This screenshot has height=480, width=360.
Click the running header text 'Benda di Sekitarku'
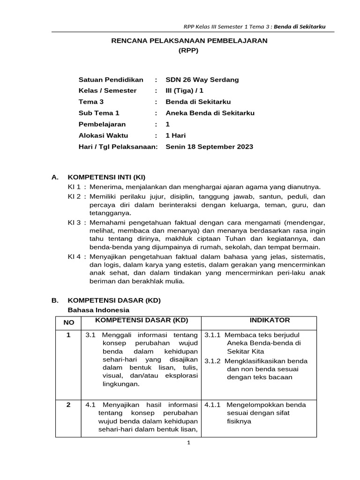[x=300, y=26]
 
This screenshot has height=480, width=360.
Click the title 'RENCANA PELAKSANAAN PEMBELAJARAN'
[x=189, y=41]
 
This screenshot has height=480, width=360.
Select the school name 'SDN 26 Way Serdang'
[x=202, y=80]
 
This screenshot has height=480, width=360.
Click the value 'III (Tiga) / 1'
[x=186, y=90]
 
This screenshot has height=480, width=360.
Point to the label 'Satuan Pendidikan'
[x=111, y=80]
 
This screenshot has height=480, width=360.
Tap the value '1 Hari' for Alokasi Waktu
[x=176, y=135]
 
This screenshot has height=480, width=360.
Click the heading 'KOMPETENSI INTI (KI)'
[x=107, y=177]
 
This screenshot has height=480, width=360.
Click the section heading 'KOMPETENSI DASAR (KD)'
[x=114, y=300]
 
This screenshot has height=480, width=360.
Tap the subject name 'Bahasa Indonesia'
[x=98, y=310]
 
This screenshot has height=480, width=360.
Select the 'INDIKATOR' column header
[x=270, y=320]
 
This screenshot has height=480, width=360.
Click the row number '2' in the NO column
[x=68, y=405]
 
